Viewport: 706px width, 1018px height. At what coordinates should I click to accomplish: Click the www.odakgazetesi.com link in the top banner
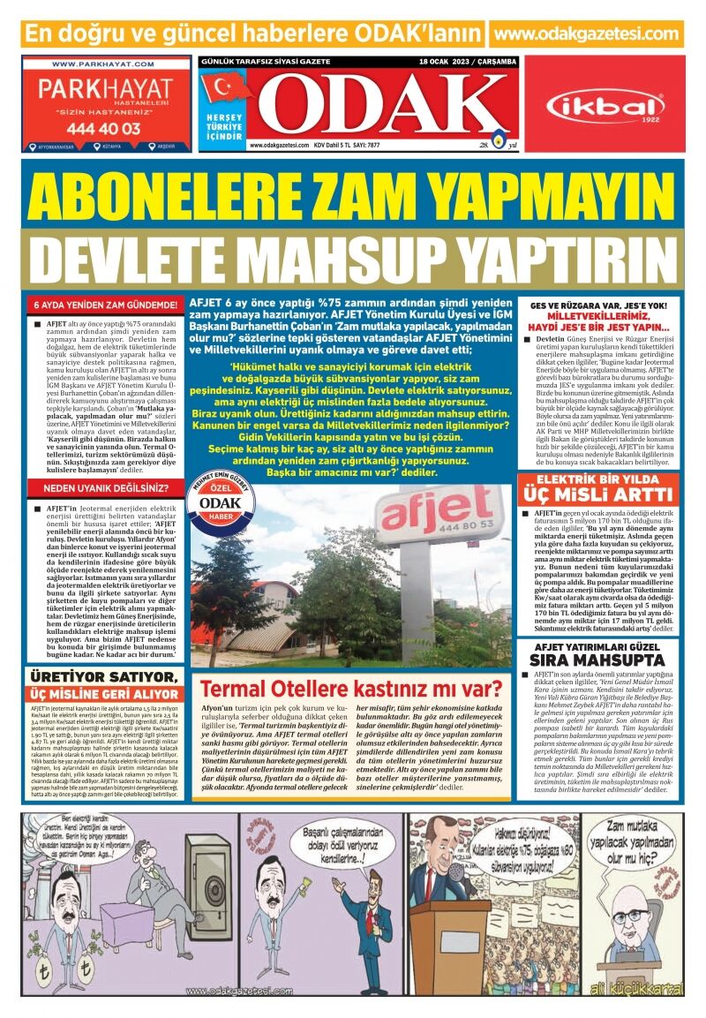click(x=589, y=34)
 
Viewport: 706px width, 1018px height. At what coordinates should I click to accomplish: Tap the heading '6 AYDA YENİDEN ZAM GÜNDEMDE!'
click(x=106, y=305)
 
